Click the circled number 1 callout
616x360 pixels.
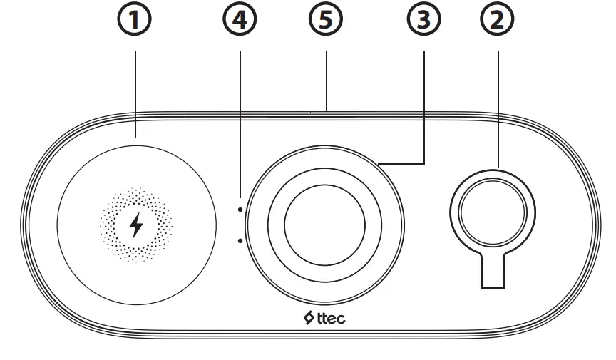[135, 21]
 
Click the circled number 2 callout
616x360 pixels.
[498, 21]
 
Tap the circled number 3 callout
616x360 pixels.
[423, 21]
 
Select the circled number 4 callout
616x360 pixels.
[240, 21]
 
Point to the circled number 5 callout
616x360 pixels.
[326, 21]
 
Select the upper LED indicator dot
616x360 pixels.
[241, 210]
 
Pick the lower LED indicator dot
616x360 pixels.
[241, 241]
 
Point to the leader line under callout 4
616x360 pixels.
[240, 121]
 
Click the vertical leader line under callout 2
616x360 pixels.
[498, 107]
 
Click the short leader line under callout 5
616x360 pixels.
[326, 78]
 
